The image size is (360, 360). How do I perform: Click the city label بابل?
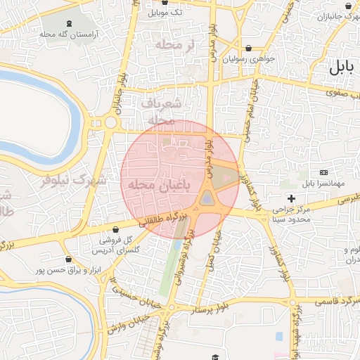pos(343,68)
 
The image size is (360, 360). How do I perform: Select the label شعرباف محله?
pos(162,111)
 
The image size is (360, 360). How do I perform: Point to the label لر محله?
pos(186,45)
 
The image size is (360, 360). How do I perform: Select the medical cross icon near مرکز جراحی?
pos(291,198)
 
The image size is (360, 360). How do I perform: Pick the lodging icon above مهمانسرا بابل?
pos(323,172)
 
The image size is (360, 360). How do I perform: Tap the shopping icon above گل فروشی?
pos(115,229)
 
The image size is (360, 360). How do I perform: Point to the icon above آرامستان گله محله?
pos(67,24)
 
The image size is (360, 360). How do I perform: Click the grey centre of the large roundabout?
pos(207,199)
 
